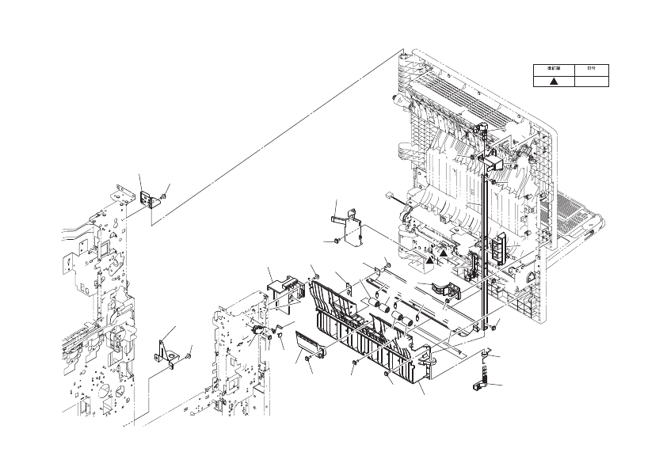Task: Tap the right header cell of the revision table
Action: [591, 69]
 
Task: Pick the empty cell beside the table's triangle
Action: [591, 81]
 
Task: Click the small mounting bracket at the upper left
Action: [147, 199]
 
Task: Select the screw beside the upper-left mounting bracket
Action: [163, 196]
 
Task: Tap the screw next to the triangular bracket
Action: [189, 357]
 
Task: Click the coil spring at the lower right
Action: [482, 370]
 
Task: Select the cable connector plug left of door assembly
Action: [391, 199]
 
